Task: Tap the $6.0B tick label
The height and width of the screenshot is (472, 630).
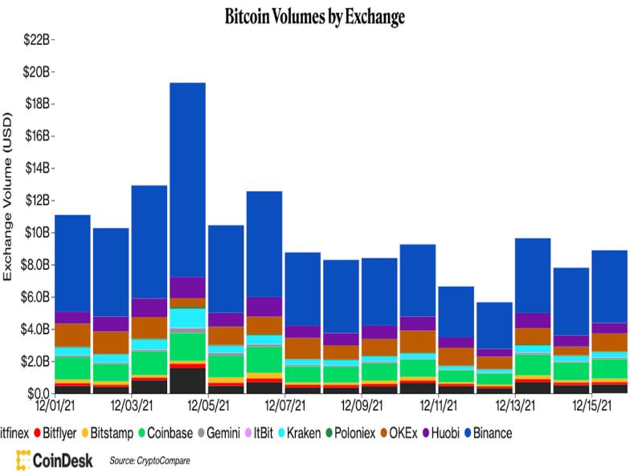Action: (x=36, y=296)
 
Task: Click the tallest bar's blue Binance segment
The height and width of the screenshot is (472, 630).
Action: (x=187, y=177)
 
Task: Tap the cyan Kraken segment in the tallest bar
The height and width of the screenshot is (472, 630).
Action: (x=187, y=318)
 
